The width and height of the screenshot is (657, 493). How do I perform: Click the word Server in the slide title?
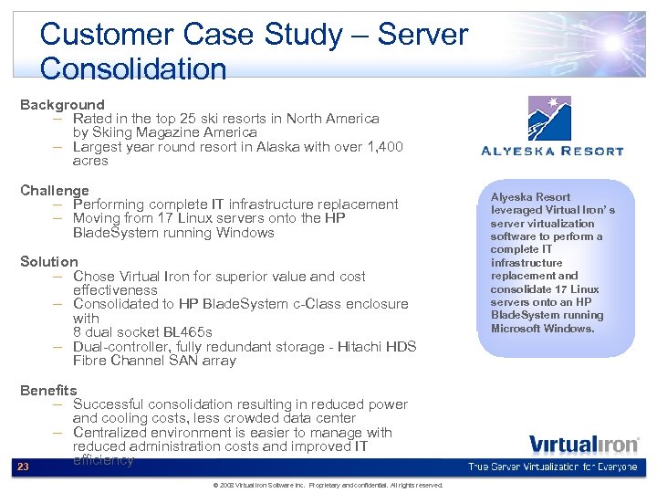(x=422, y=35)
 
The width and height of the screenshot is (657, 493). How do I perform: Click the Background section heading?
(x=62, y=105)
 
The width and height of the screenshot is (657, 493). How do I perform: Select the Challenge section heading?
(x=55, y=190)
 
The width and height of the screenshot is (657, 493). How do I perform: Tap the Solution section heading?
(x=49, y=262)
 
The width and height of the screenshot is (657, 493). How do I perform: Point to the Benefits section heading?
(x=48, y=391)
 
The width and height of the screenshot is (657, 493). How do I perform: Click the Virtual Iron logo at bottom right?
(x=584, y=445)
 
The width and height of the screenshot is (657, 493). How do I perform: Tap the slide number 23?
(x=24, y=467)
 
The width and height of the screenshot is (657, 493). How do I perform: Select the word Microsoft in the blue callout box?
(x=515, y=329)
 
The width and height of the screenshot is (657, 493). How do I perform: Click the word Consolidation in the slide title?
(x=133, y=68)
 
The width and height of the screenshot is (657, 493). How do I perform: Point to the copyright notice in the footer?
(x=328, y=485)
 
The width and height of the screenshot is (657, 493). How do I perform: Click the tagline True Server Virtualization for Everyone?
(x=554, y=467)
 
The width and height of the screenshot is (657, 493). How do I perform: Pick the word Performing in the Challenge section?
(x=112, y=205)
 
